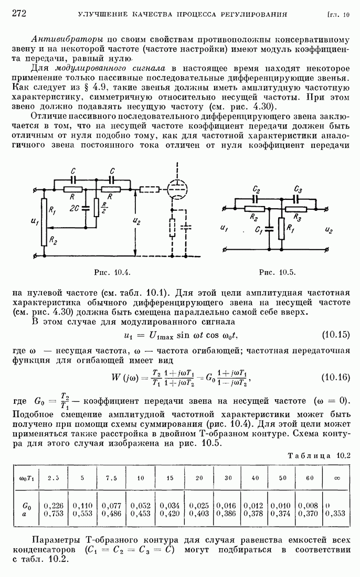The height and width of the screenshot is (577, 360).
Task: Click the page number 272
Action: coord(19,13)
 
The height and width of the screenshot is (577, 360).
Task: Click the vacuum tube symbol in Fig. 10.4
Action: coord(177,189)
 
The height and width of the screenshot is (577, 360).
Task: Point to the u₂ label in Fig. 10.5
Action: coord(329,229)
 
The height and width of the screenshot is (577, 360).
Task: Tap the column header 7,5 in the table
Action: coord(111,478)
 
